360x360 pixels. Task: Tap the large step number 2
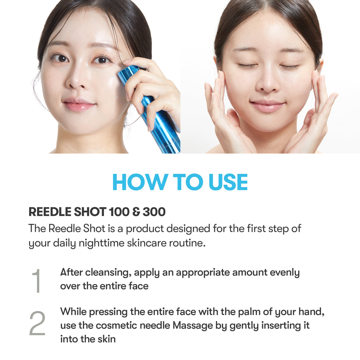point(37,324)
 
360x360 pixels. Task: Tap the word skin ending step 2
point(107,339)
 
